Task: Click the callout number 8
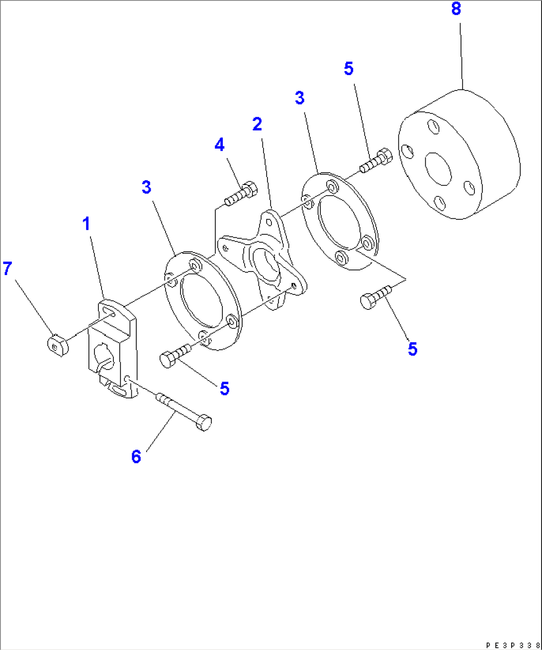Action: [456, 9]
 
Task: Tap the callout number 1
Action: [87, 224]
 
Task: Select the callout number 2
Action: [257, 124]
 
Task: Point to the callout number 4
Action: [219, 145]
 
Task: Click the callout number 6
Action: [136, 457]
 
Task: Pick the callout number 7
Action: [7, 269]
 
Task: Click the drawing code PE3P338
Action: [512, 645]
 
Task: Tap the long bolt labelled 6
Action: [184, 410]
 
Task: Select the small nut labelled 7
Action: [58, 345]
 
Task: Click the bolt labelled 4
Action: [241, 194]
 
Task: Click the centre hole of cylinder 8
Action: [438, 169]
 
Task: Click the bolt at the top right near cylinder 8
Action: [376, 160]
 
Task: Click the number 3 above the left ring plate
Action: [146, 187]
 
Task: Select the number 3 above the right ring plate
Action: [299, 98]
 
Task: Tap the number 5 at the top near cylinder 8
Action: [349, 69]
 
